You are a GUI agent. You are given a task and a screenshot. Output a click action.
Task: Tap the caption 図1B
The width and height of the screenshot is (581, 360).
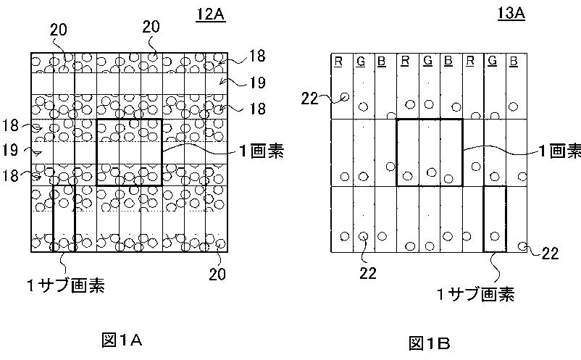pyautogui.click(x=430, y=343)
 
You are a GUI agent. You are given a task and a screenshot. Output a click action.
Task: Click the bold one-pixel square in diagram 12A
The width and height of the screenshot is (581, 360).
pyautogui.click(x=129, y=152)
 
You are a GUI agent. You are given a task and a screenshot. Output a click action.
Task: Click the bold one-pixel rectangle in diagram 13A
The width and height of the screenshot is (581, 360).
pyautogui.click(x=429, y=152)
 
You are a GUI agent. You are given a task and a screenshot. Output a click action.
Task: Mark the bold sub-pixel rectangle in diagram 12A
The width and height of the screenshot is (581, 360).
pyautogui.click(x=63, y=217)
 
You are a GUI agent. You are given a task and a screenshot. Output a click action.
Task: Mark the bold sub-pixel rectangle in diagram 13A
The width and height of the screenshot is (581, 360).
pyautogui.click(x=494, y=219)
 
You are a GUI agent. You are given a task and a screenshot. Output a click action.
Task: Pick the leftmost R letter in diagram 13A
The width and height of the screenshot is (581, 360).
pyautogui.click(x=338, y=61)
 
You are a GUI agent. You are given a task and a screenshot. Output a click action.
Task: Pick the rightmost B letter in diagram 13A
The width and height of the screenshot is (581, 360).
pyautogui.click(x=513, y=61)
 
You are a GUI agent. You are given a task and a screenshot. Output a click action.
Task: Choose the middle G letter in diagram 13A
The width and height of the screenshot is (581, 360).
pyautogui.click(x=427, y=61)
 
